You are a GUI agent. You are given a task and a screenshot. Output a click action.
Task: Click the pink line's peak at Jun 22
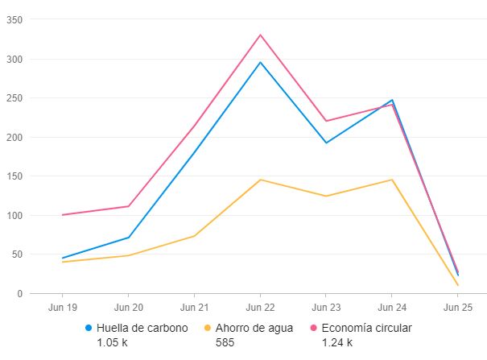tap(260, 35)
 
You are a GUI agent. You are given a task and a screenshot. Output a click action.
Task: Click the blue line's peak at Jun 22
tap(260, 62)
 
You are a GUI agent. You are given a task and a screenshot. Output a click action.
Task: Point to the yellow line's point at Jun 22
tap(260, 180)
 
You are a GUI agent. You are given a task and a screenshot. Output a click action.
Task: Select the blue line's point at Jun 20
tap(128, 238)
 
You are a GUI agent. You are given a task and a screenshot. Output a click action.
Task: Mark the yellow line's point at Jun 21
tap(194, 236)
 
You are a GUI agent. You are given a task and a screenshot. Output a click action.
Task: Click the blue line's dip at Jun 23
tap(326, 143)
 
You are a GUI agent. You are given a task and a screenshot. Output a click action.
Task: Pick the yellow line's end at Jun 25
tap(458, 285)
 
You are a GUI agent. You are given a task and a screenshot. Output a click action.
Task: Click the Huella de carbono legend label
tap(142, 328)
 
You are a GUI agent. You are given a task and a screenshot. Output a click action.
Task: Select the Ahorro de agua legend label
tap(254, 328)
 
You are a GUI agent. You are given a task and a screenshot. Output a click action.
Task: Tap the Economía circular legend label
tap(366, 328)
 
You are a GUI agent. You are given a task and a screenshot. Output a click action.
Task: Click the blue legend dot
tap(89, 328)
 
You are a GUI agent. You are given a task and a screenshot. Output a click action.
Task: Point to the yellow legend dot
tap(208, 328)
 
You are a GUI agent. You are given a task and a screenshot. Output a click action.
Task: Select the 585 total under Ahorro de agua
tap(225, 342)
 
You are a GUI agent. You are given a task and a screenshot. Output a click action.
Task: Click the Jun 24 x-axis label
tap(392, 308)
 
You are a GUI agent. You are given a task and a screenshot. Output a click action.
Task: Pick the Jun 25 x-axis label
tap(458, 308)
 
